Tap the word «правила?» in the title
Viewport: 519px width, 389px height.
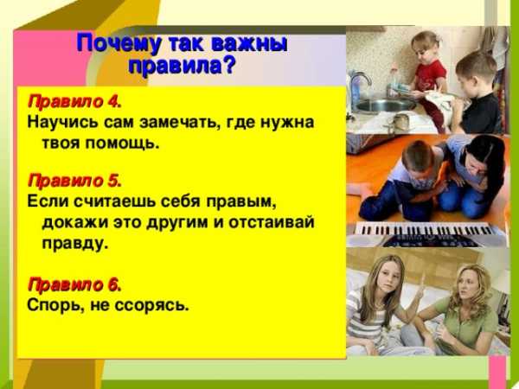coord(182,66)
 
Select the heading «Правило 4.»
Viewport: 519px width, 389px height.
coord(74,101)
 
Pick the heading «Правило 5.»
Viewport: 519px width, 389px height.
coord(74,181)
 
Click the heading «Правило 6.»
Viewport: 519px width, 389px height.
coord(74,284)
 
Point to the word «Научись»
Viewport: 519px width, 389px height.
coord(63,123)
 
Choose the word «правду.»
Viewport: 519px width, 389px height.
coord(75,244)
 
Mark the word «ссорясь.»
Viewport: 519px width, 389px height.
coord(152,305)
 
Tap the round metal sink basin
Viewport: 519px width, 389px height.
coord(384,105)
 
